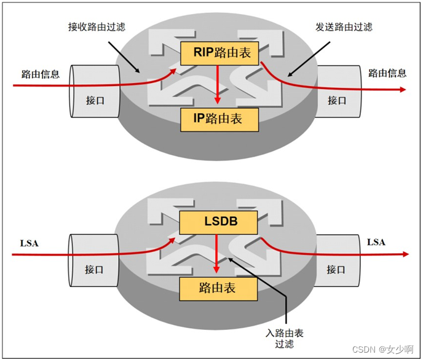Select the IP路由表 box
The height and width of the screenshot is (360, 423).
(x=219, y=118)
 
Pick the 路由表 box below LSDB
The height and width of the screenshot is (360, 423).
(x=216, y=288)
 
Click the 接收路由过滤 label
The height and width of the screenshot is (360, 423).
(x=97, y=28)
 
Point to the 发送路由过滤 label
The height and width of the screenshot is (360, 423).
(x=344, y=28)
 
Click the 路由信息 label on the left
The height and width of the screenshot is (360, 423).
(x=41, y=75)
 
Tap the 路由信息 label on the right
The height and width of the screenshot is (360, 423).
(x=387, y=73)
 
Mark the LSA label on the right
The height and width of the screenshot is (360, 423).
(x=376, y=242)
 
